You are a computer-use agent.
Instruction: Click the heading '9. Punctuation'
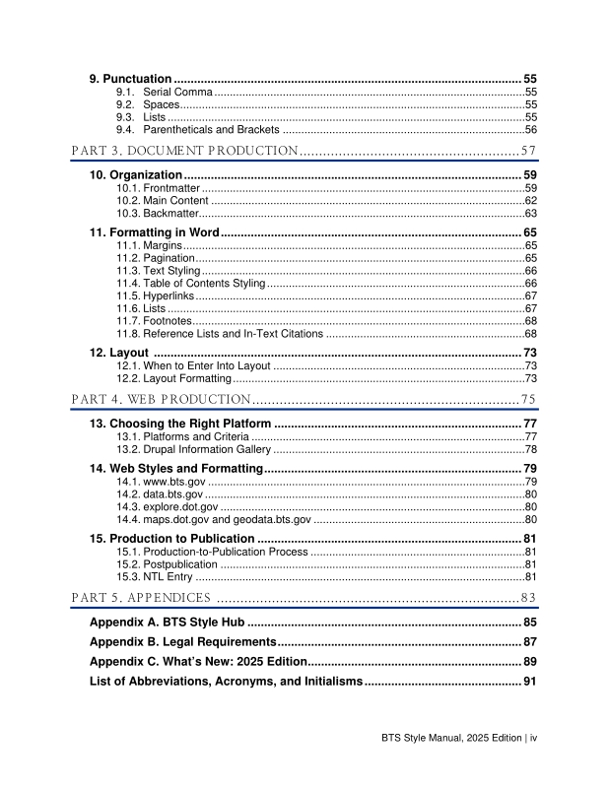coord(130,78)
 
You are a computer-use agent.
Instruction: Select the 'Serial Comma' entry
coord(171,92)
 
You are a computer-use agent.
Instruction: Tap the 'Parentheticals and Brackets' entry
coord(211,129)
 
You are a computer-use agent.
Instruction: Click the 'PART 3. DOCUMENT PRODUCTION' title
coord(185,151)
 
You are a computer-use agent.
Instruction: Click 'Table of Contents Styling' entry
coord(190,283)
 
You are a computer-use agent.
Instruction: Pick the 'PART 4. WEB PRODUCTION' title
coord(161,399)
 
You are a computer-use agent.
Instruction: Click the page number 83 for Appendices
coord(528,598)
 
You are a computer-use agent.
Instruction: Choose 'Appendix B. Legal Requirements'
coord(181,641)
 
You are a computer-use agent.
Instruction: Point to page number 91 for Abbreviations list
coord(528,681)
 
